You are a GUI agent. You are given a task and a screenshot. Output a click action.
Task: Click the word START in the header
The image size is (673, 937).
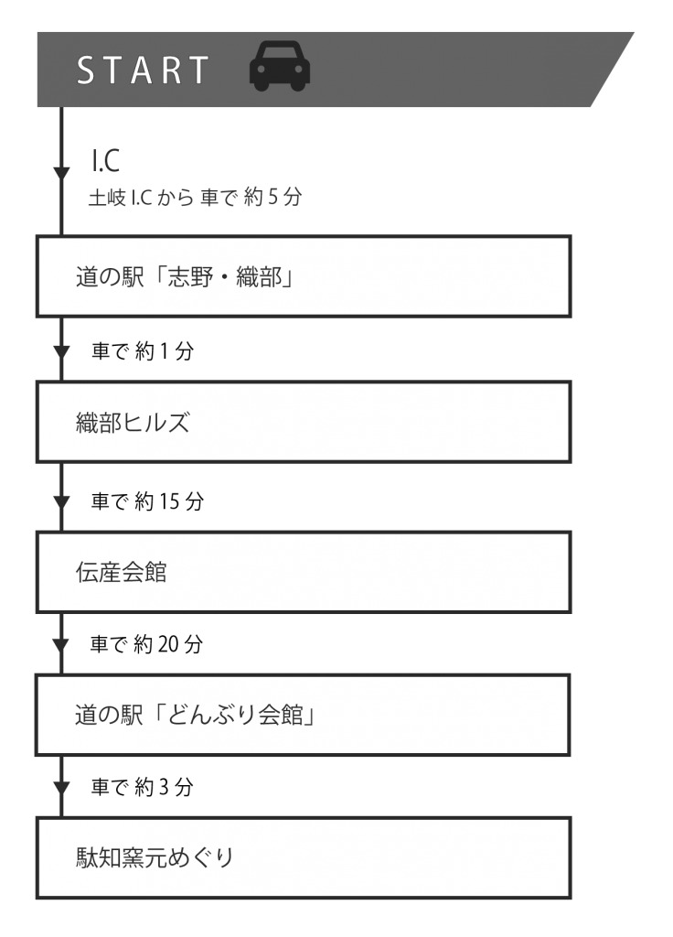coord(144,70)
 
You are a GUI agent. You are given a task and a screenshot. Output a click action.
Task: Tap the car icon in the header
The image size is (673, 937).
coord(280,66)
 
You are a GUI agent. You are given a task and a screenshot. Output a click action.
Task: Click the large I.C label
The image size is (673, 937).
coord(106,160)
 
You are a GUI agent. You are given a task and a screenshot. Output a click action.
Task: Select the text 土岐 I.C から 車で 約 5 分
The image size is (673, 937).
coord(196,197)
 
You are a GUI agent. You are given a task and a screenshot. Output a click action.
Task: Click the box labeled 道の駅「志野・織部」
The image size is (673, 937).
coord(304,276)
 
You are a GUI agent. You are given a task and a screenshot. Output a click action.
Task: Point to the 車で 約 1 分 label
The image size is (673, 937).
coord(143,350)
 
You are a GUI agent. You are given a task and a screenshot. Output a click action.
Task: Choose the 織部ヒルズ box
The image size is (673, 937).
coord(304,422)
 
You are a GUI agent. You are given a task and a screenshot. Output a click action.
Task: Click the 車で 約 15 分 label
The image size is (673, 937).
coord(147,501)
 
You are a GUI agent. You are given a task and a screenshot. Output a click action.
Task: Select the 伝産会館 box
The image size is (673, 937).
coord(304,572)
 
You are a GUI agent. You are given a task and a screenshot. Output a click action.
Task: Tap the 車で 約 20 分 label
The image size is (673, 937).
coord(147,643)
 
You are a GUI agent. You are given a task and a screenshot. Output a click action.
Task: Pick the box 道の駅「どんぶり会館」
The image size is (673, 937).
coord(303,715)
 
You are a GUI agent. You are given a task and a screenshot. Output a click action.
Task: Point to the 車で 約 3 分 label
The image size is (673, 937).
coord(143,786)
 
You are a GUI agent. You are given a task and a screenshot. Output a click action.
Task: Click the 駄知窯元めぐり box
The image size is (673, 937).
coord(304,857)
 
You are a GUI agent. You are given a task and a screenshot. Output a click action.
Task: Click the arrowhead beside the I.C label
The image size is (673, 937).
coord(61,174)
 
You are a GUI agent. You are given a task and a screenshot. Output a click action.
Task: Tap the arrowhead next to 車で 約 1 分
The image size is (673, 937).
coord(61,352)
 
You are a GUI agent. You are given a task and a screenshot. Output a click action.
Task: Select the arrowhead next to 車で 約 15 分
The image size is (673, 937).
coord(61,502)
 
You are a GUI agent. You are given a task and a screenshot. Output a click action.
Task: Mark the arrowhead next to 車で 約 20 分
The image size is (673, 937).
coord(61,645)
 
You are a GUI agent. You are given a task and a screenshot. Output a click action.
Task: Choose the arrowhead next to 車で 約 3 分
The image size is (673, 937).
coord(61,788)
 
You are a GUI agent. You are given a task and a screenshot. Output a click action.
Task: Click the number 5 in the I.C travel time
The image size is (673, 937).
coord(272,197)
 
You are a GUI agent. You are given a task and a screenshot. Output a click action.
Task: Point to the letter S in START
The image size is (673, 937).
coord(86,70)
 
